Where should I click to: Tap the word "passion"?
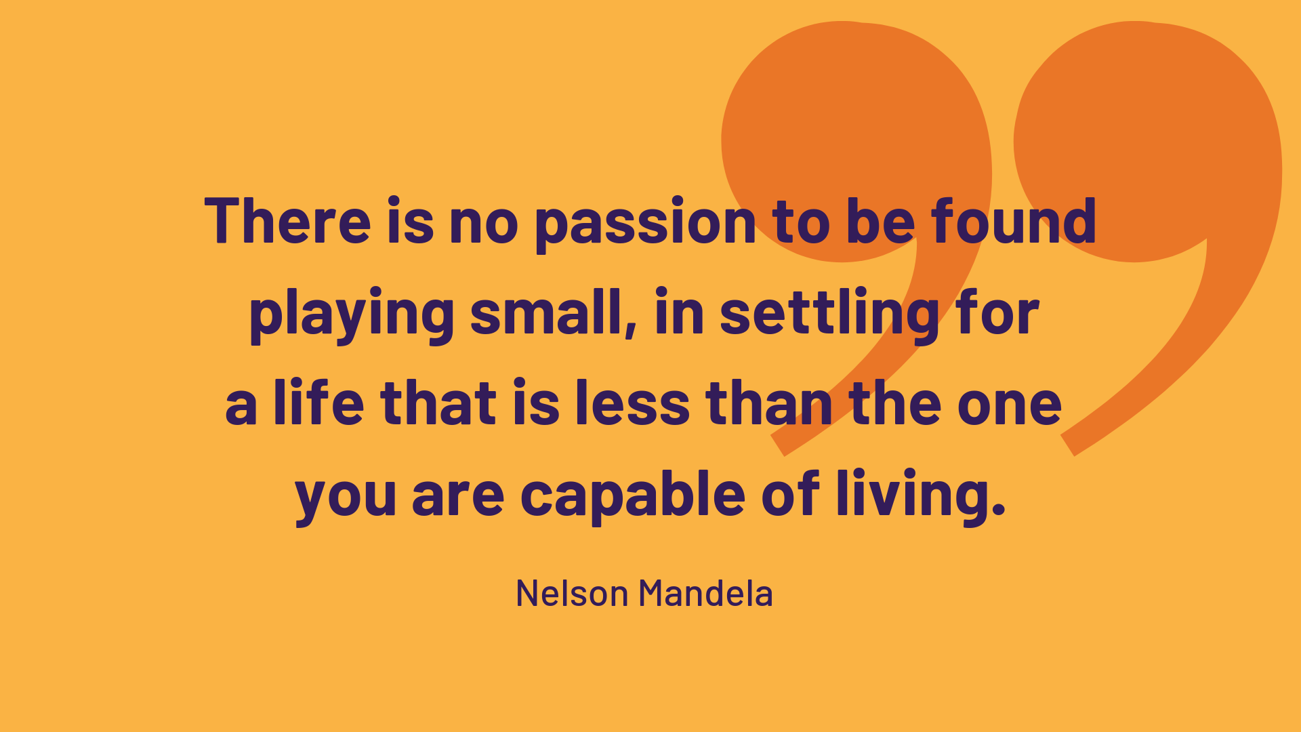tap(645, 224)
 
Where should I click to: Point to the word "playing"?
tap(352, 314)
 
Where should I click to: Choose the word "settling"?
tap(830, 314)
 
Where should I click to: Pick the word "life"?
tap(318, 403)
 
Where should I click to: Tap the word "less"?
tap(633, 403)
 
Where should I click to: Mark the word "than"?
tap(769, 403)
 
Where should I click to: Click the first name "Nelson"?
tap(573, 593)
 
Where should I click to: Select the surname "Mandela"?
tap(705, 593)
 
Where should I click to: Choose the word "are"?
tap(458, 498)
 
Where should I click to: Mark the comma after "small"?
tap(631, 329)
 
